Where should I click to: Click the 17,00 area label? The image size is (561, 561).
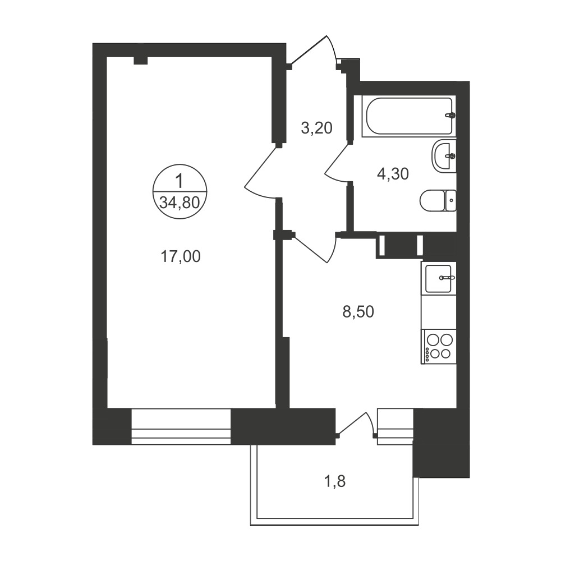coord(181,256)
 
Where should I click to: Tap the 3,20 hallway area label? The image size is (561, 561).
coord(317,128)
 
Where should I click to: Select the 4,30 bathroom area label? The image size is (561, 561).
coord(393,174)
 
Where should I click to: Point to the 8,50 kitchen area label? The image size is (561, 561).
coord(358,311)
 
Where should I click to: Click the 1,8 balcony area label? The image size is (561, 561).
coord(334,481)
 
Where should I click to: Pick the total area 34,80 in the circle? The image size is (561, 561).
coord(180,203)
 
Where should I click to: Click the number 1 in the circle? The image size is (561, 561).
coord(180,181)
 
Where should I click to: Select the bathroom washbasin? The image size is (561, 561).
coord(444,155)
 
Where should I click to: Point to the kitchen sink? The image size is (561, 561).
coord(439,278)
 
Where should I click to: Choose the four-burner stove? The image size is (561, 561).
coord(439,347)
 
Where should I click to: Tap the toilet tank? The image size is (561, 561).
coord(450,200)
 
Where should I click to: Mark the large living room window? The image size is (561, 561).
coord(181,426)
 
